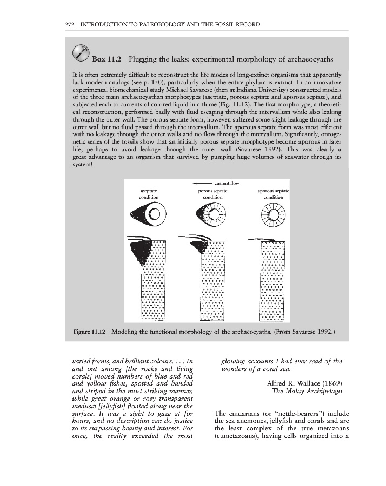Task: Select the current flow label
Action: (227, 183)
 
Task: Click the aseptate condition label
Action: (149, 194)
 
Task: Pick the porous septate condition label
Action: (212, 194)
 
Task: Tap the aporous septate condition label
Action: (273, 194)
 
